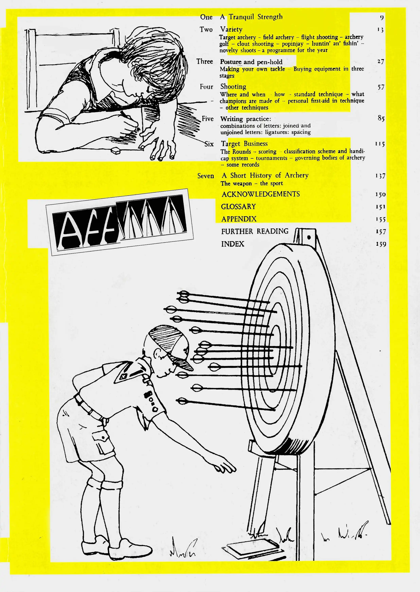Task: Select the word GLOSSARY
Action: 238,207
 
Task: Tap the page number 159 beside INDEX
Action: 381,244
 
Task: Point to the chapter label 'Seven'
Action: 206,176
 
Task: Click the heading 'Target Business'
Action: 244,144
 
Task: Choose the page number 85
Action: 381,118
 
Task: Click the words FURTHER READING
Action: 255,231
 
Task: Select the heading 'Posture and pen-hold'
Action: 251,62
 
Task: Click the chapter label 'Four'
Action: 206,87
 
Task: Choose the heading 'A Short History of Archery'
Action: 265,176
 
